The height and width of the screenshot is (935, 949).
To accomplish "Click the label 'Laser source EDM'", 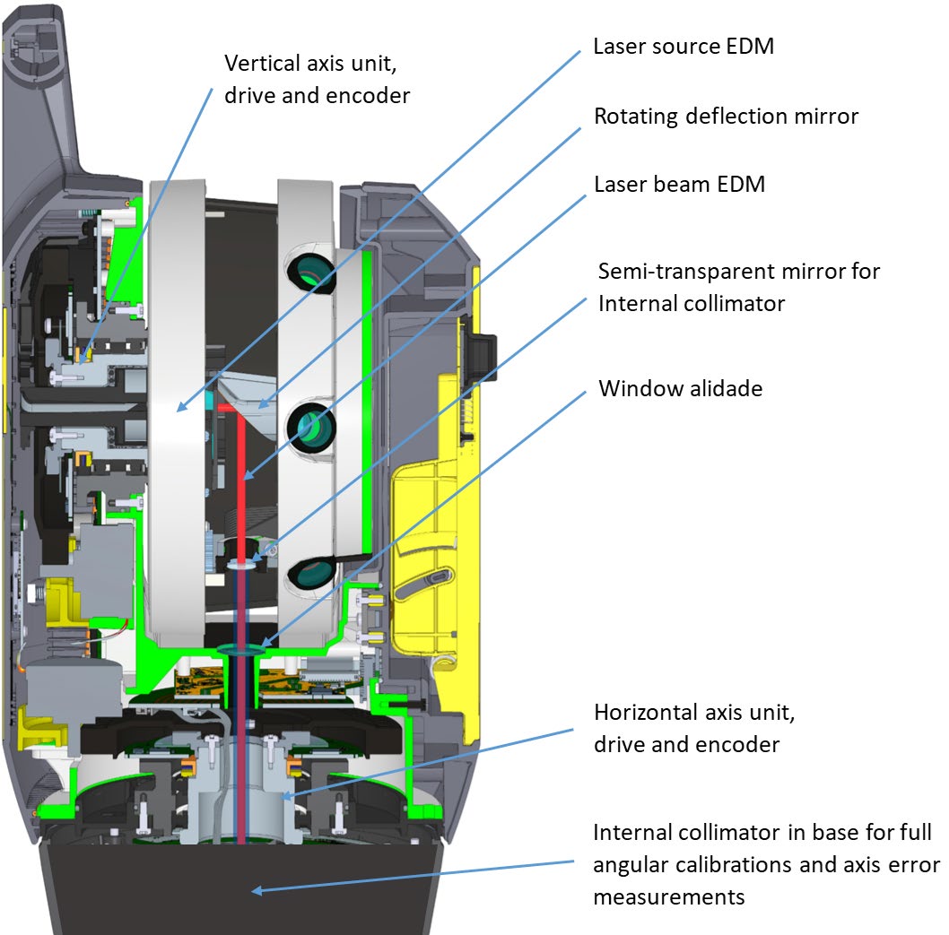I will tap(683, 46).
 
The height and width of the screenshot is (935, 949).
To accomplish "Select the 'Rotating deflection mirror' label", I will tap(726, 116).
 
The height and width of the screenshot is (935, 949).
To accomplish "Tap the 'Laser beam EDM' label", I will tap(679, 185).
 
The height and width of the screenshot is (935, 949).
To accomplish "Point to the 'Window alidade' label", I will tap(680, 388).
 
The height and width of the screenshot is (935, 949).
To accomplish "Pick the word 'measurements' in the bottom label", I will tap(668, 896).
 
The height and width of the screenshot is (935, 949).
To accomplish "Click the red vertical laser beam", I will tap(240, 475).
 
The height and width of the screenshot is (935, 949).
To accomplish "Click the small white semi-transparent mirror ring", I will tap(239, 564).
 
